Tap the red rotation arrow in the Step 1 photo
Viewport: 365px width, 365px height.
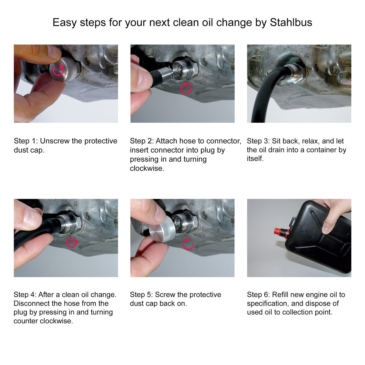coord(59,70)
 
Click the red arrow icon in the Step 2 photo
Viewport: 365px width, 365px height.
coord(186,88)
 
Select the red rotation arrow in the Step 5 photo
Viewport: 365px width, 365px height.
coord(188,244)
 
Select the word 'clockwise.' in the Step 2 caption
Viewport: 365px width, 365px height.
coord(147,169)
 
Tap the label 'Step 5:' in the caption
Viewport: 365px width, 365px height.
coord(141,295)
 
